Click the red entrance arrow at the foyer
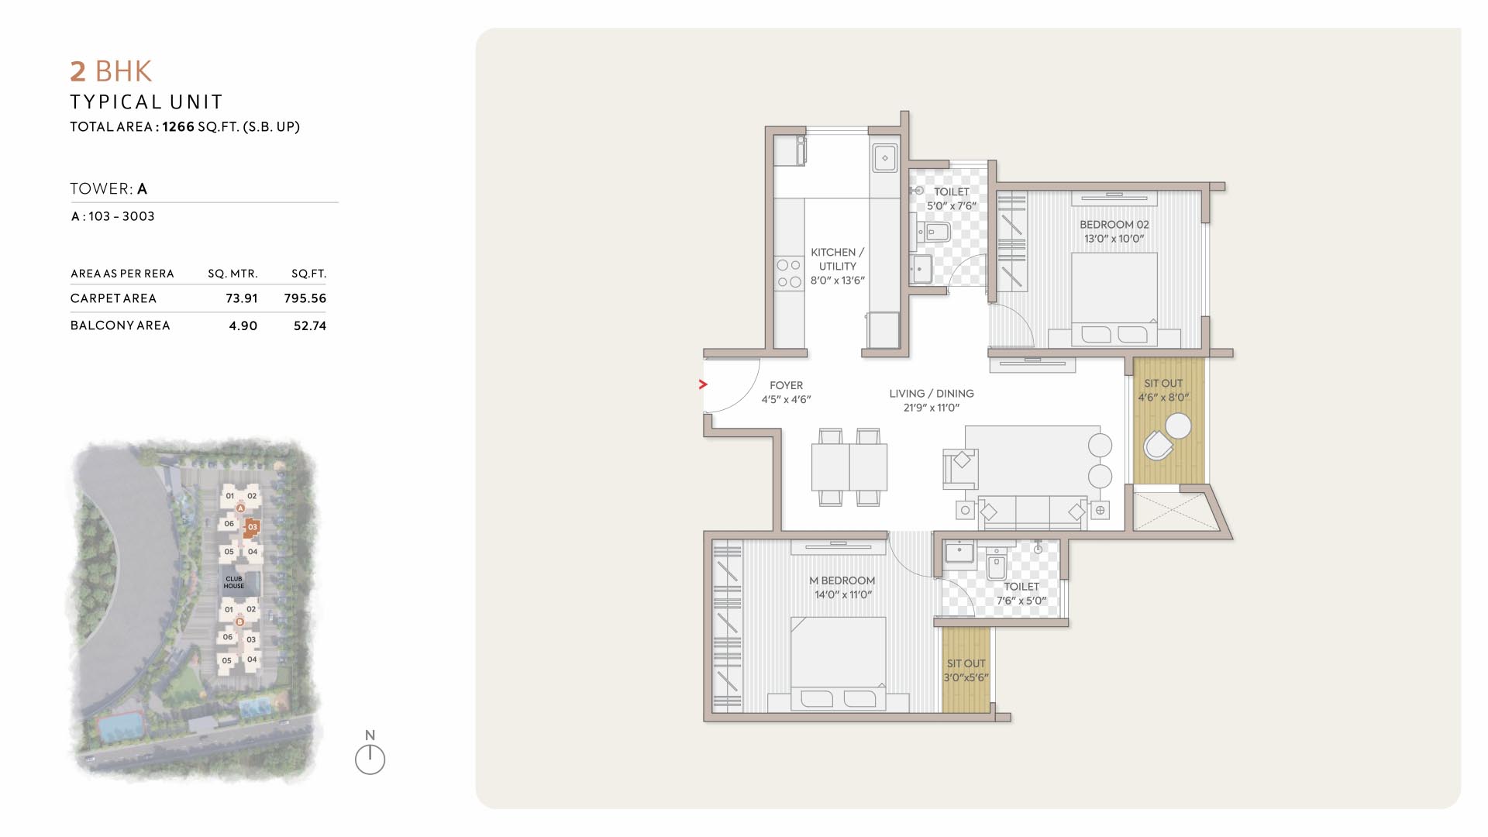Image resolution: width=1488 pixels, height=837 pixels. click(x=703, y=384)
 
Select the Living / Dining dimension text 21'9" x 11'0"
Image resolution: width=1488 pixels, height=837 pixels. click(x=932, y=408)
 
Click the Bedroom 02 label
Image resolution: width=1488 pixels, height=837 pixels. click(x=1114, y=225)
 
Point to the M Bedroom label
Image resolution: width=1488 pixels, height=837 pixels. click(x=842, y=580)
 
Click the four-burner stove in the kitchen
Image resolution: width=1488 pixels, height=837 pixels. click(x=789, y=274)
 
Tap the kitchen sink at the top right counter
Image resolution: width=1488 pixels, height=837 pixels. click(x=885, y=158)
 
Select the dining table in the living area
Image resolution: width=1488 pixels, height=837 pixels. click(x=849, y=467)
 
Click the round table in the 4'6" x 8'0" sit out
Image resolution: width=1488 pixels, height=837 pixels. click(x=1179, y=426)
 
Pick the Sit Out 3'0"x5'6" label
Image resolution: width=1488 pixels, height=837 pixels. click(x=966, y=670)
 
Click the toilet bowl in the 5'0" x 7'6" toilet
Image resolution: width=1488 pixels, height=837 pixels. click(x=935, y=231)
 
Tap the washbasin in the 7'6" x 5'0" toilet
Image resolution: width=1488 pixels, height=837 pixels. click(x=959, y=553)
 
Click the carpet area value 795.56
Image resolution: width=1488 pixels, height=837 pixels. click(x=305, y=298)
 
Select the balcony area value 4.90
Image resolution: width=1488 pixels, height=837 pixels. click(x=243, y=326)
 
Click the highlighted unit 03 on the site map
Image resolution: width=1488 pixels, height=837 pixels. click(x=252, y=528)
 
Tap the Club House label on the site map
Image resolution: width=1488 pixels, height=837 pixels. click(x=234, y=582)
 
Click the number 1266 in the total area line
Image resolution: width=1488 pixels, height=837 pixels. click(x=178, y=126)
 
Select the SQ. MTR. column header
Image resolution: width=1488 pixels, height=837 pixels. click(x=232, y=274)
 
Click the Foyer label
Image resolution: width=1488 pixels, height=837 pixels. click(x=786, y=385)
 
